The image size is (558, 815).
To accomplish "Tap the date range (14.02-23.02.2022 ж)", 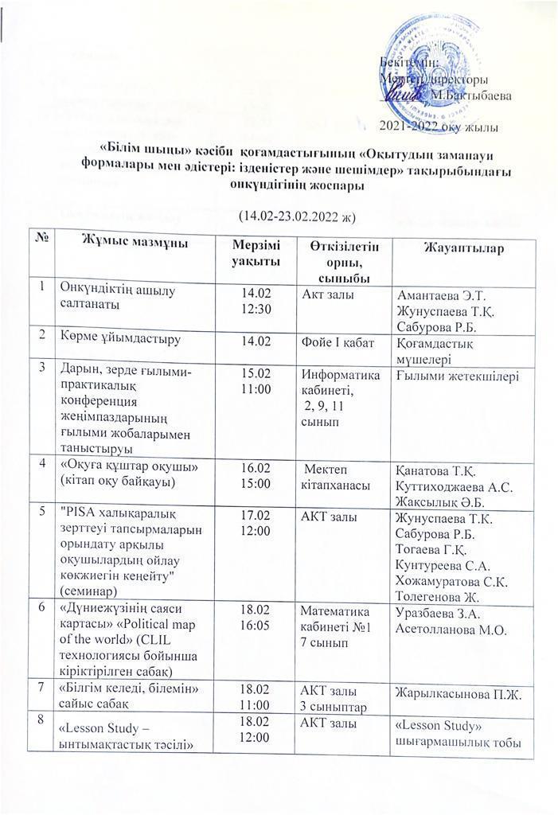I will click(295, 216).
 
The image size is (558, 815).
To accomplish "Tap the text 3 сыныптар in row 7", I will click(330, 704).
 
